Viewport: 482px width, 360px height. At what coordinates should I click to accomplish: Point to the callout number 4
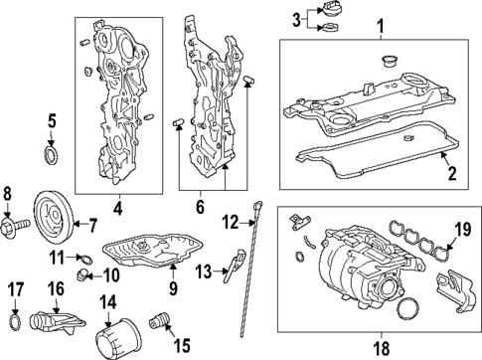coord(116,208)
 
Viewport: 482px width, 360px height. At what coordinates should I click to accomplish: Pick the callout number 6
coord(200,208)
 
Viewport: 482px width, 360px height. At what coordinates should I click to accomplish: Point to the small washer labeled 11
coord(88,260)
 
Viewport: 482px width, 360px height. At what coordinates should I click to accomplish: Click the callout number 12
coord(227,221)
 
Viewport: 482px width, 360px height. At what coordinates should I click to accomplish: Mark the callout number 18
coord(379,348)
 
